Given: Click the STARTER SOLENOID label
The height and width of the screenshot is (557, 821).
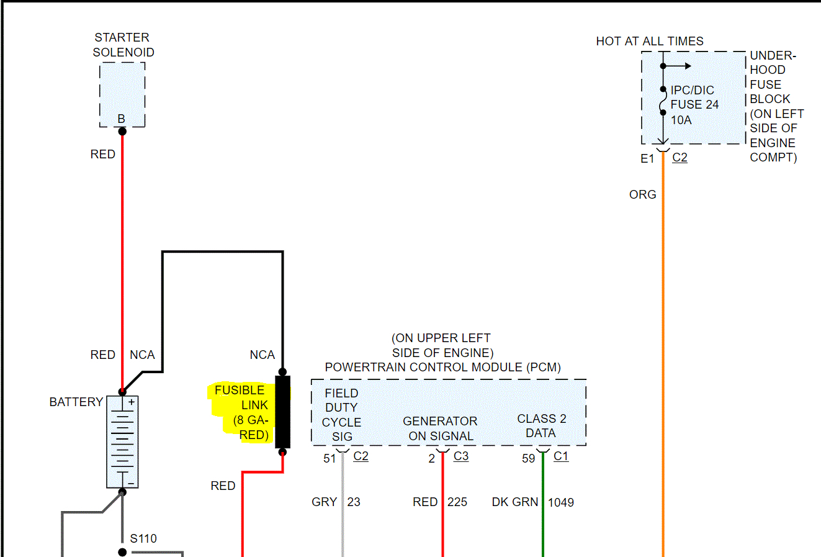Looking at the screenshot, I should tap(123, 45).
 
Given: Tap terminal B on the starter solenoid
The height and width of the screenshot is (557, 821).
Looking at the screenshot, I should tap(122, 119).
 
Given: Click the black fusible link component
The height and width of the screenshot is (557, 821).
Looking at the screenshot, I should tap(282, 412).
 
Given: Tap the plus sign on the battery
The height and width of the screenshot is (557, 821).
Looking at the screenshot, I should tap(132, 402).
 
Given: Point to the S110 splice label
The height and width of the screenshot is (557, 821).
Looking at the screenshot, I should tap(143, 538).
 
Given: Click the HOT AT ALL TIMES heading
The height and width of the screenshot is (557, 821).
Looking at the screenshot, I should tap(650, 41).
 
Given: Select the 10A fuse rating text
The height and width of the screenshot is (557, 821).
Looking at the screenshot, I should tap(681, 120).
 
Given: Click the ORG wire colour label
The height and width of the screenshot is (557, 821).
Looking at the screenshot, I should tap(642, 194).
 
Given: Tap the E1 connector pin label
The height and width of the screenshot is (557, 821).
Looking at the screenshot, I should tap(647, 158).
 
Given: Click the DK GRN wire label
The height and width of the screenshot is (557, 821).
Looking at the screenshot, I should tap(514, 502).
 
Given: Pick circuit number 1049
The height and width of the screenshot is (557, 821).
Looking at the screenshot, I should tap(561, 502).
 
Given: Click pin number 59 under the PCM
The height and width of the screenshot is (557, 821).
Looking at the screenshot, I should tap(528, 458).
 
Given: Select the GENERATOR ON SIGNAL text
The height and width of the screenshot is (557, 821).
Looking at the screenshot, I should tap(440, 428).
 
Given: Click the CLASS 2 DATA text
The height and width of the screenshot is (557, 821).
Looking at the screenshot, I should tap(541, 426).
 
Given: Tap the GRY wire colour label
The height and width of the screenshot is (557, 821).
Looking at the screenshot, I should tap(324, 502).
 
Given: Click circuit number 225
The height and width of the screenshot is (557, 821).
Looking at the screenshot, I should tap(457, 502).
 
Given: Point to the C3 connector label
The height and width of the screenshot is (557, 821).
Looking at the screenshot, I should tap(461, 456).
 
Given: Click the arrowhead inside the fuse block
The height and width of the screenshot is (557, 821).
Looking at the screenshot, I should tap(687, 66).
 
